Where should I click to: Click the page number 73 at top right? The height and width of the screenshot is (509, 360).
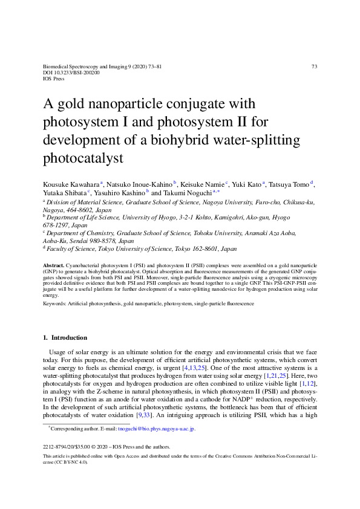point(315,66)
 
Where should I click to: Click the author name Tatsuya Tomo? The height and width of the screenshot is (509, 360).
point(286,184)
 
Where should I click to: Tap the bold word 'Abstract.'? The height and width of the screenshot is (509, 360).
point(54,265)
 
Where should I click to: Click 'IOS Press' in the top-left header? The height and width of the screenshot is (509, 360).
point(54,79)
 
